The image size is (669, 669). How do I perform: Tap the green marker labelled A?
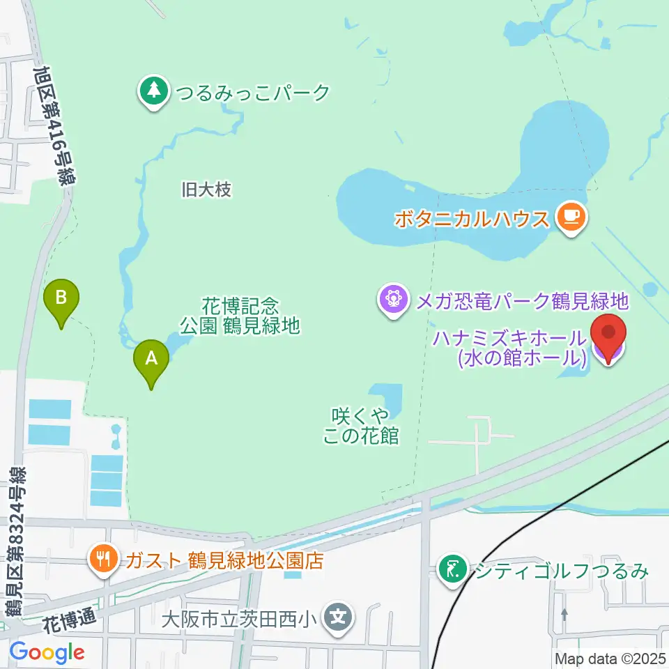click(152, 361)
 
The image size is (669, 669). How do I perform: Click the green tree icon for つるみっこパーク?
click(154, 91)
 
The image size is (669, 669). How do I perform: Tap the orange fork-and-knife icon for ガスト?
click(104, 559)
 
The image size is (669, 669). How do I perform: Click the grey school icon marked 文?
click(339, 617)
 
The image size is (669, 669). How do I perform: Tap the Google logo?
click(47, 652)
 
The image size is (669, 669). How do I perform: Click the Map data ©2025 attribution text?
click(611, 658)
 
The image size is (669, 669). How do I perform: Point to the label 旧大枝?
click(206, 189)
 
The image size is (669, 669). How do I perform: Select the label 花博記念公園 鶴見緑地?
click(240, 315)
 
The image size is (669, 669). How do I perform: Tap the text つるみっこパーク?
click(253, 92)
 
